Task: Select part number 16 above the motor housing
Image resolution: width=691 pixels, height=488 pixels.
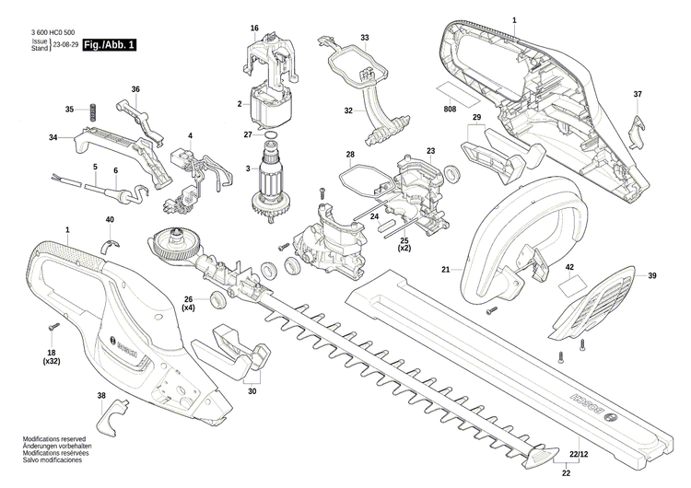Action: pyautogui.click(x=254, y=29)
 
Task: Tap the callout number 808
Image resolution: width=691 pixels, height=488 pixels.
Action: pyautogui.click(x=450, y=110)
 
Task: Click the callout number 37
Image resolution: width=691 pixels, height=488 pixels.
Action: pyautogui.click(x=637, y=95)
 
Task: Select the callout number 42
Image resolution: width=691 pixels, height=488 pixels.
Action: pyautogui.click(x=569, y=267)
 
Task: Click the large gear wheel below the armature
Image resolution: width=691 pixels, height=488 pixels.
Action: pyautogui.click(x=173, y=245)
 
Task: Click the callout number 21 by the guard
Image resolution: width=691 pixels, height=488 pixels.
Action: pyautogui.click(x=445, y=270)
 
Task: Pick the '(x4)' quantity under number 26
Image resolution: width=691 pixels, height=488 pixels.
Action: pyautogui.click(x=188, y=308)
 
